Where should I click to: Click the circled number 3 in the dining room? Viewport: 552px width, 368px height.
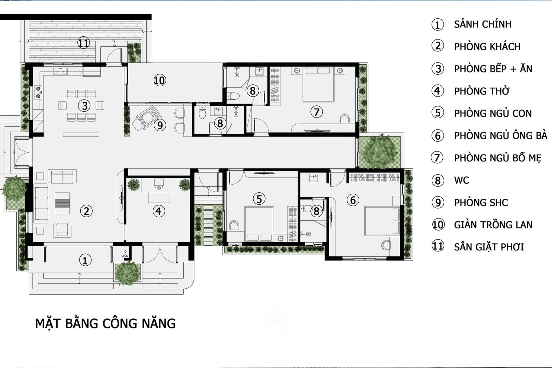84,106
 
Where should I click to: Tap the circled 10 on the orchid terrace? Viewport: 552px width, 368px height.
160,80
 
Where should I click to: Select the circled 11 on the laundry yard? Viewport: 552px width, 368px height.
83,43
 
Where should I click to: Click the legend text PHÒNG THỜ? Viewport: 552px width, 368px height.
481,91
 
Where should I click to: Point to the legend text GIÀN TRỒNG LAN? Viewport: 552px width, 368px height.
493,225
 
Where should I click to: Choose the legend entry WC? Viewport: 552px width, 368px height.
461,180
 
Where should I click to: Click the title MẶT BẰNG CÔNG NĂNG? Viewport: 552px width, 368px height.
105,323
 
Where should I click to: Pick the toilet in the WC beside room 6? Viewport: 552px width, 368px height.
306,208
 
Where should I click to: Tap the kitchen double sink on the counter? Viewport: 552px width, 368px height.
60,72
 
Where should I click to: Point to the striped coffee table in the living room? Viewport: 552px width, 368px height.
62,203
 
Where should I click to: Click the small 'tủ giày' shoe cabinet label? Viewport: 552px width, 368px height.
125,253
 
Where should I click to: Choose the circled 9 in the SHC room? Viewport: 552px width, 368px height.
160,125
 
